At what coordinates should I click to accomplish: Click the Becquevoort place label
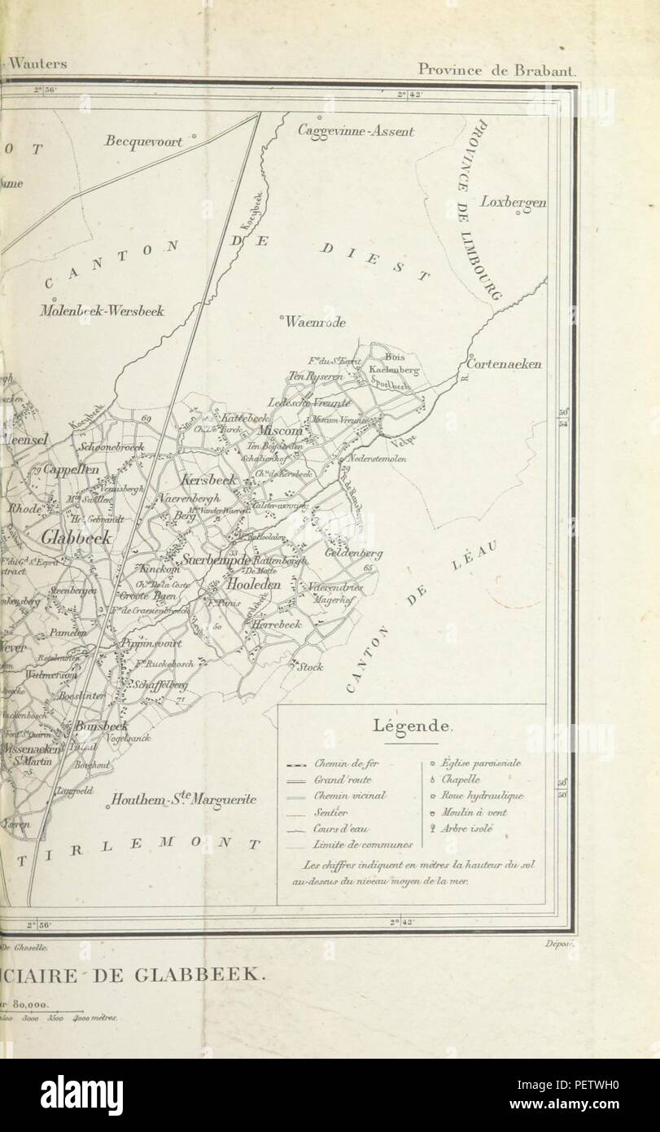pos(142,141)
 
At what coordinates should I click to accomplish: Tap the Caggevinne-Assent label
pos(356,130)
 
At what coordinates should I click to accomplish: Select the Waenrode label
pos(315,322)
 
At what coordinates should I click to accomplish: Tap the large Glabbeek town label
pos(75,538)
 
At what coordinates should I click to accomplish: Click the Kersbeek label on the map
pos(208,480)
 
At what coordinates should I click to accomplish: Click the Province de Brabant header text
pos(496,69)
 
